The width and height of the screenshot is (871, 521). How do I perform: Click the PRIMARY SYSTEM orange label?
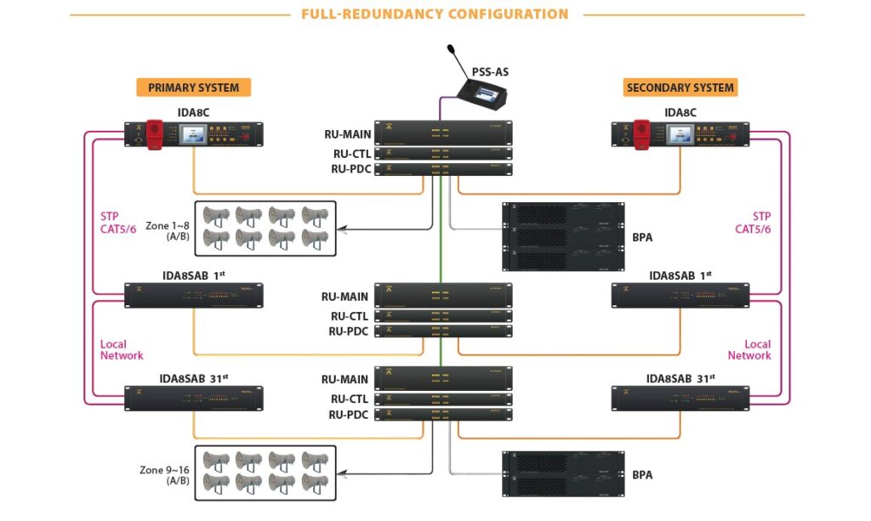tap(193, 88)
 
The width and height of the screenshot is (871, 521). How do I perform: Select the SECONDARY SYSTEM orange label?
tap(680, 88)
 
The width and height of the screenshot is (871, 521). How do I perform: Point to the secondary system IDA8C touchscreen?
tap(680, 133)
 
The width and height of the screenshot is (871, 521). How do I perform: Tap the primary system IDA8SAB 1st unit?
tap(194, 295)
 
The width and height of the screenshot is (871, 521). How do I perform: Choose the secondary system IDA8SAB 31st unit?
tap(680, 398)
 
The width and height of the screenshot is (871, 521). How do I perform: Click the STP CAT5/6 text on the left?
tap(118, 223)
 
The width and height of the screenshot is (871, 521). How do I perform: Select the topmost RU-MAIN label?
tap(346, 133)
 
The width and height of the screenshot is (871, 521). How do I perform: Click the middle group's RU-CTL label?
tap(350, 315)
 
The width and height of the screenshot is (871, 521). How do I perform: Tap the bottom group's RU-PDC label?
tap(350, 415)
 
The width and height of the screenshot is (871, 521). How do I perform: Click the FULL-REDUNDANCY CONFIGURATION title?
tap(435, 14)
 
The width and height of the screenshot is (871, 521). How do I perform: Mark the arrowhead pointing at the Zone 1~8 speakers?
tap(343, 229)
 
